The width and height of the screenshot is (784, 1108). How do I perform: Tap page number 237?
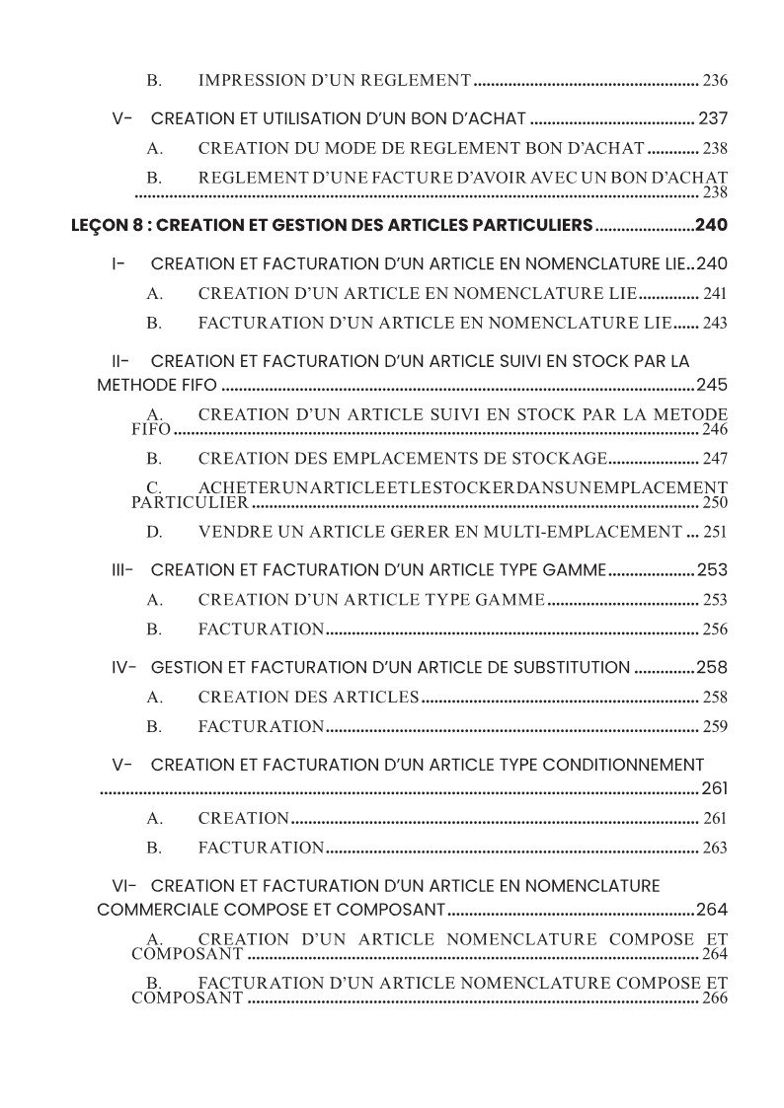(x=713, y=118)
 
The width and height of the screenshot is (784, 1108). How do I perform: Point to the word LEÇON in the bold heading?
(x=97, y=225)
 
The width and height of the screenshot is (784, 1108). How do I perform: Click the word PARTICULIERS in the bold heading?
(x=530, y=225)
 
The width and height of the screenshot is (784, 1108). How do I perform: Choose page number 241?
(x=715, y=294)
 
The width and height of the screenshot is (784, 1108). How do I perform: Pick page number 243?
(x=715, y=323)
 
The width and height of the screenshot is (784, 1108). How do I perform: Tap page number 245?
(x=712, y=385)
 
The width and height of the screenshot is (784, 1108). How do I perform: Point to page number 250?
(x=715, y=502)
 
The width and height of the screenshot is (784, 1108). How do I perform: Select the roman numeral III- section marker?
(x=122, y=570)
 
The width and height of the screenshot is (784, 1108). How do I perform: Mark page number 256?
(x=715, y=629)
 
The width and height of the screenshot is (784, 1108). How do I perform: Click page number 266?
(x=715, y=997)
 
